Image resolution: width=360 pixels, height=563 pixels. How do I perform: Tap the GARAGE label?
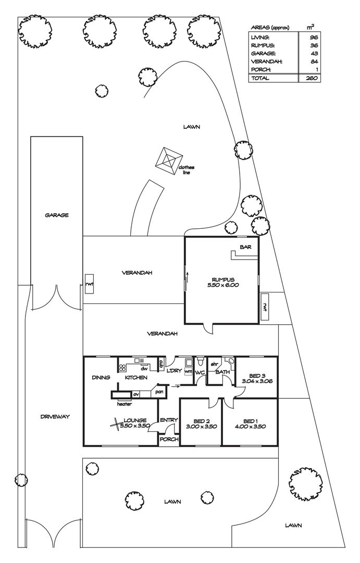coord(57,215)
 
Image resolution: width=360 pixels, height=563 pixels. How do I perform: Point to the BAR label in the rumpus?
coord(245,247)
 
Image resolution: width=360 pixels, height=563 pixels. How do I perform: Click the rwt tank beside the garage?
coord(89,284)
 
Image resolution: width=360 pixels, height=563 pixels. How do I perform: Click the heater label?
coord(125,404)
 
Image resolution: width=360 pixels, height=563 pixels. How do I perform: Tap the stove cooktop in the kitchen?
coord(122,368)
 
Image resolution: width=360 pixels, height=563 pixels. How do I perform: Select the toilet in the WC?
coord(200,360)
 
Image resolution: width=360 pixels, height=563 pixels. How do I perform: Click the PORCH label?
coord(169,439)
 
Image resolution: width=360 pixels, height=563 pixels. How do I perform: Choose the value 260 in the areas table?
coord(312,78)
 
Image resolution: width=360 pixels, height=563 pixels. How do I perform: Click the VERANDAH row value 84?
coord(314,62)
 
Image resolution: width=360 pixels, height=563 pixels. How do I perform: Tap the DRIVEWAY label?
coord(55,417)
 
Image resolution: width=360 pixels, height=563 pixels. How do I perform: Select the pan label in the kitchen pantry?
coord(159,391)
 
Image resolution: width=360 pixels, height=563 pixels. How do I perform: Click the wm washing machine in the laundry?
coord(189,371)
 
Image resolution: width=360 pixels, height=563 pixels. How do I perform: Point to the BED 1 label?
coord(250,421)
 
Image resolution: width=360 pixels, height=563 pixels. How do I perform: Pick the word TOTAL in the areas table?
coord(260,78)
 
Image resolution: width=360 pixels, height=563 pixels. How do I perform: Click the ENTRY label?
coord(169,420)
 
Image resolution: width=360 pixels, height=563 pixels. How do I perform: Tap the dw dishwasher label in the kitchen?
coord(144,369)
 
